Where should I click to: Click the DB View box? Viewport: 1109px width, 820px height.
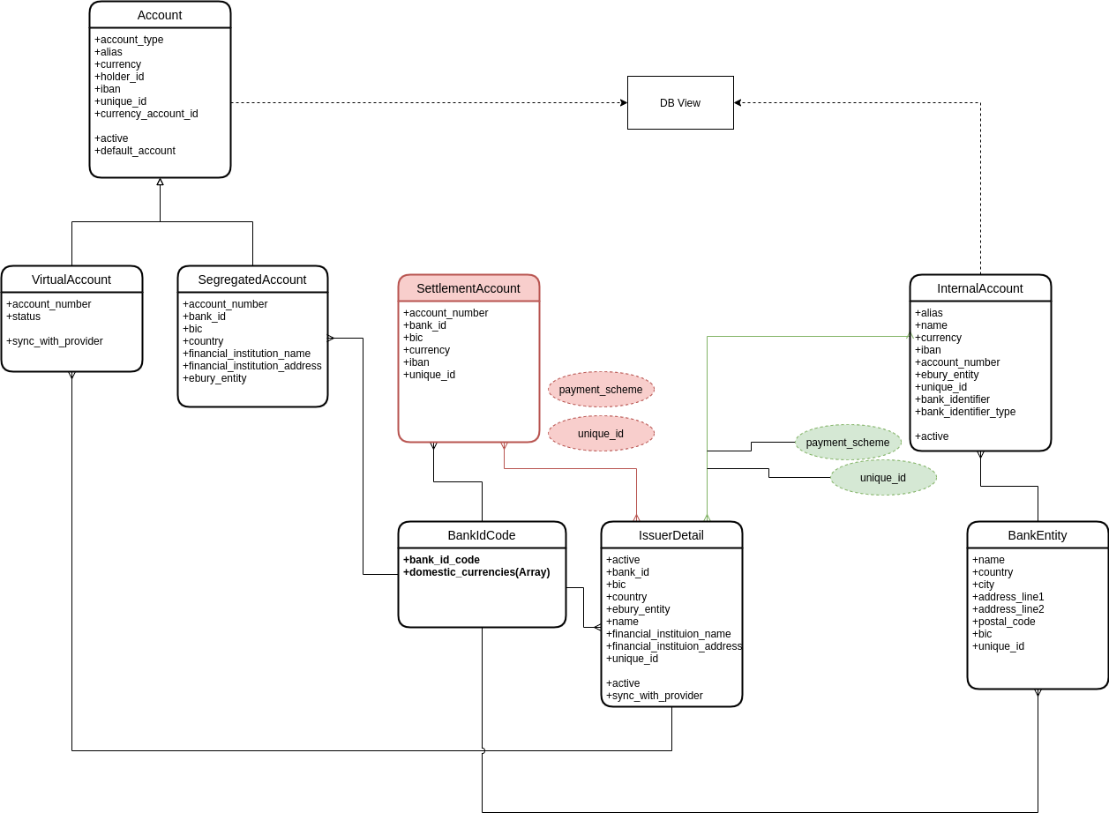[680, 102]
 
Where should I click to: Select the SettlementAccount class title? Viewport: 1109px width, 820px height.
[468, 288]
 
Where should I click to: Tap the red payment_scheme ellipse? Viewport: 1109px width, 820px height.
[601, 389]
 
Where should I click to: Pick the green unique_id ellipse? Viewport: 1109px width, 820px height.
[883, 477]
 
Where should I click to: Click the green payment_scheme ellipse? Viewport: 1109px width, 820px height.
[848, 443]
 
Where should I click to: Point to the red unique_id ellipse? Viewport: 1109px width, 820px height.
[601, 433]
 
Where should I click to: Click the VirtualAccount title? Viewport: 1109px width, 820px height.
[71, 280]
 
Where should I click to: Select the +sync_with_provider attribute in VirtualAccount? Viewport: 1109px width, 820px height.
[55, 341]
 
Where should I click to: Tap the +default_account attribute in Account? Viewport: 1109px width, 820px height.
[135, 151]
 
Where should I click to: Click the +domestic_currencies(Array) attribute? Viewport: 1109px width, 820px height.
[476, 571]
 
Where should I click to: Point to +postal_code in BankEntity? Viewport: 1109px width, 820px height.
[1003, 621]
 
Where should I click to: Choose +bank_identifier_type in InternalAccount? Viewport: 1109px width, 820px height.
[965, 411]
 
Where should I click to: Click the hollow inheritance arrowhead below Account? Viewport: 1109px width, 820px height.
[160, 182]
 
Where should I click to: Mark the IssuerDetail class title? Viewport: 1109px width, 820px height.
[671, 535]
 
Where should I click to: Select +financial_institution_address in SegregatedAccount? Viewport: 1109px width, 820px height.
[252, 365]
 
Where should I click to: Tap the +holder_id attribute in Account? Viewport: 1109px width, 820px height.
[119, 77]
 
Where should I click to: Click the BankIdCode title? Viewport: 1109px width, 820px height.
[482, 535]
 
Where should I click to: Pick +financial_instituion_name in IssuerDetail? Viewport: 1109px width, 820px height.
[669, 633]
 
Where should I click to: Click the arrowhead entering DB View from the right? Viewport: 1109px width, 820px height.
[738, 103]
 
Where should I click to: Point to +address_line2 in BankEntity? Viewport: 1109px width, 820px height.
[1008, 608]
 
